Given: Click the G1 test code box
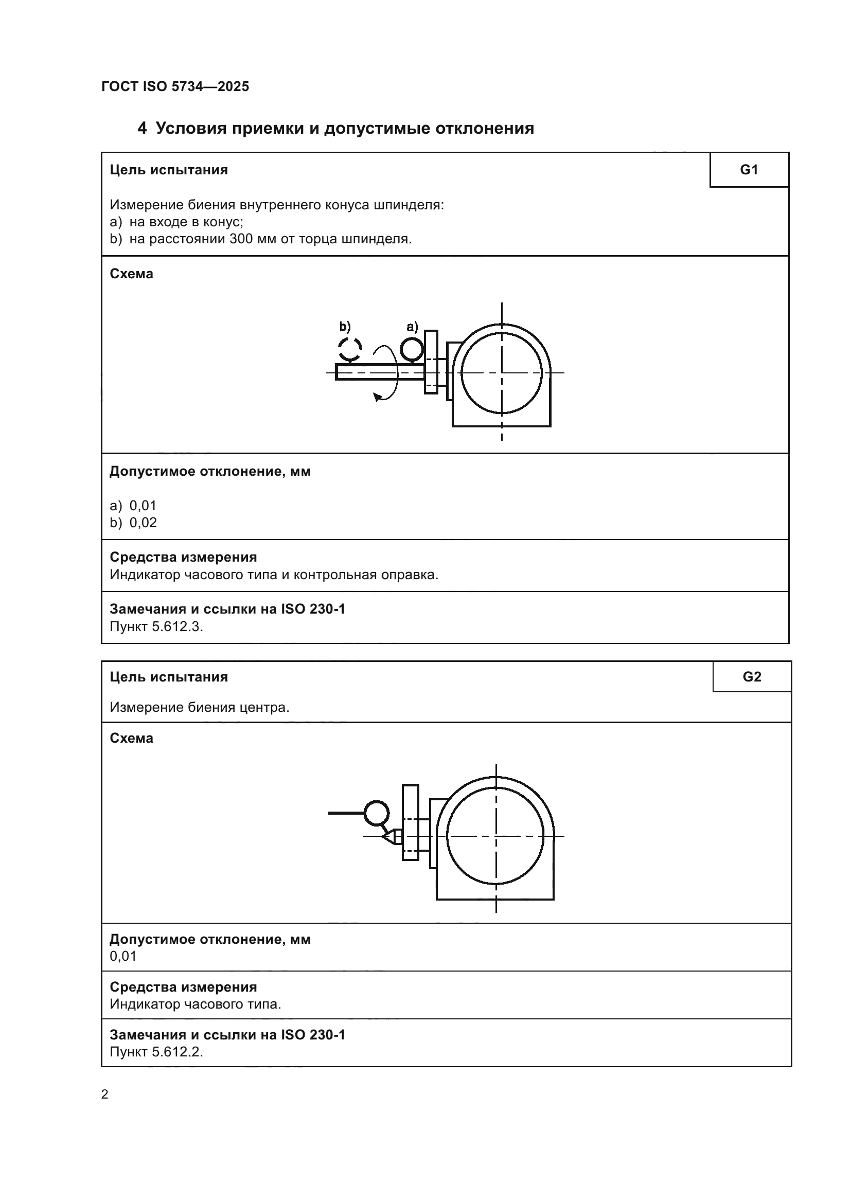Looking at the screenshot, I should coord(749,170).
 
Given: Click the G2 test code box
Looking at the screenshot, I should coord(751,676).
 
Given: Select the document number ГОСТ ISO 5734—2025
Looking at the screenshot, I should coord(175,86).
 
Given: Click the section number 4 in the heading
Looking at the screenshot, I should coord(142,129).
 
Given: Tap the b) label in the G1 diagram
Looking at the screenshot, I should coord(344,327).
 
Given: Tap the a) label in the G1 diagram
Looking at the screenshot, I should coord(412,327).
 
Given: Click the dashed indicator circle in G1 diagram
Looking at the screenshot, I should coord(349,348).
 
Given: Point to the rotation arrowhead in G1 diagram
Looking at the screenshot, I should coord(377,397).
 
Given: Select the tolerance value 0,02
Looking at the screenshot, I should coord(143,523).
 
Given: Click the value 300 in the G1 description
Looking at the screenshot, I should coord(241,239).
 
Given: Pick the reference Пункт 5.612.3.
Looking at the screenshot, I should coord(156,626).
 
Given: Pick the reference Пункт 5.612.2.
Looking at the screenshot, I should coord(156,1052).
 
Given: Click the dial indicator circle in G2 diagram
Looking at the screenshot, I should coord(376,813).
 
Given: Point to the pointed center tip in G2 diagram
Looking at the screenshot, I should coord(385,836).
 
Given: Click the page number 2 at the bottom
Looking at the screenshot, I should coord(105,1094).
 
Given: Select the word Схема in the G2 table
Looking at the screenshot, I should coord(132,738).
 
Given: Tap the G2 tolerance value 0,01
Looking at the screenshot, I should coord(123,956).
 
